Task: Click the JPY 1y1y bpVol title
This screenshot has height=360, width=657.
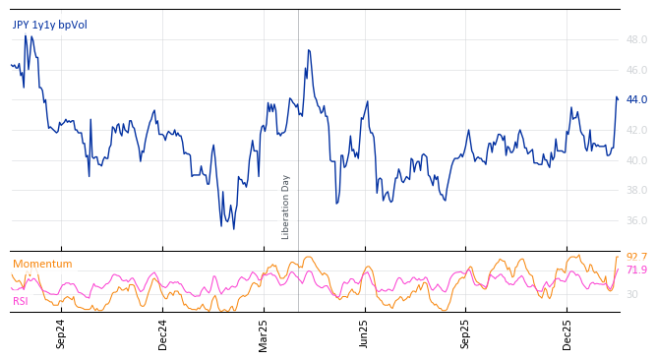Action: (49, 25)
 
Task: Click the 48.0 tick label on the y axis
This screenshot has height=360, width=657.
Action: (636, 40)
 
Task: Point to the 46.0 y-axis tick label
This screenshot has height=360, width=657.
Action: (636, 71)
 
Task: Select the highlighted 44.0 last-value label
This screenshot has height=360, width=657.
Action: (636, 99)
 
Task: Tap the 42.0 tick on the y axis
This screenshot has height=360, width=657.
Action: (636, 131)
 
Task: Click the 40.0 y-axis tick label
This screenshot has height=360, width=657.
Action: (636, 161)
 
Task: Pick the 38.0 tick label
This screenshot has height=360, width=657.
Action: (636, 191)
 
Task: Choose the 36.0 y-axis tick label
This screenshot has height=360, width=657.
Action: (636, 221)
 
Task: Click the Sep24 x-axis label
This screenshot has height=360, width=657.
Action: (61, 333)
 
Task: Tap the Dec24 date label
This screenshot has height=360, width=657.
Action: (163, 333)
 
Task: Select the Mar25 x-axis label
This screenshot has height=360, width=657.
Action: (264, 333)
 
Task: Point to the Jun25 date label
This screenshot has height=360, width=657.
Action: (365, 333)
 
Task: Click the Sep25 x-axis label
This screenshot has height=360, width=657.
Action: (466, 333)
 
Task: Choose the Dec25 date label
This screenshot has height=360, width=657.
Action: (567, 333)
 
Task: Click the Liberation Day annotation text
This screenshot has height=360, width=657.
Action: (286, 207)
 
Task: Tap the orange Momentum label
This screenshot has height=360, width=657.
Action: (42, 264)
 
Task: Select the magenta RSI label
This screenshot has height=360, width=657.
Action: (21, 301)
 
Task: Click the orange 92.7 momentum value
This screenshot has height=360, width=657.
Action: (636, 257)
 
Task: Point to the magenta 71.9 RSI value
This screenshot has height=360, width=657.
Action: (636, 270)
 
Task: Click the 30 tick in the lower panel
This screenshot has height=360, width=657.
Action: (631, 295)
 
